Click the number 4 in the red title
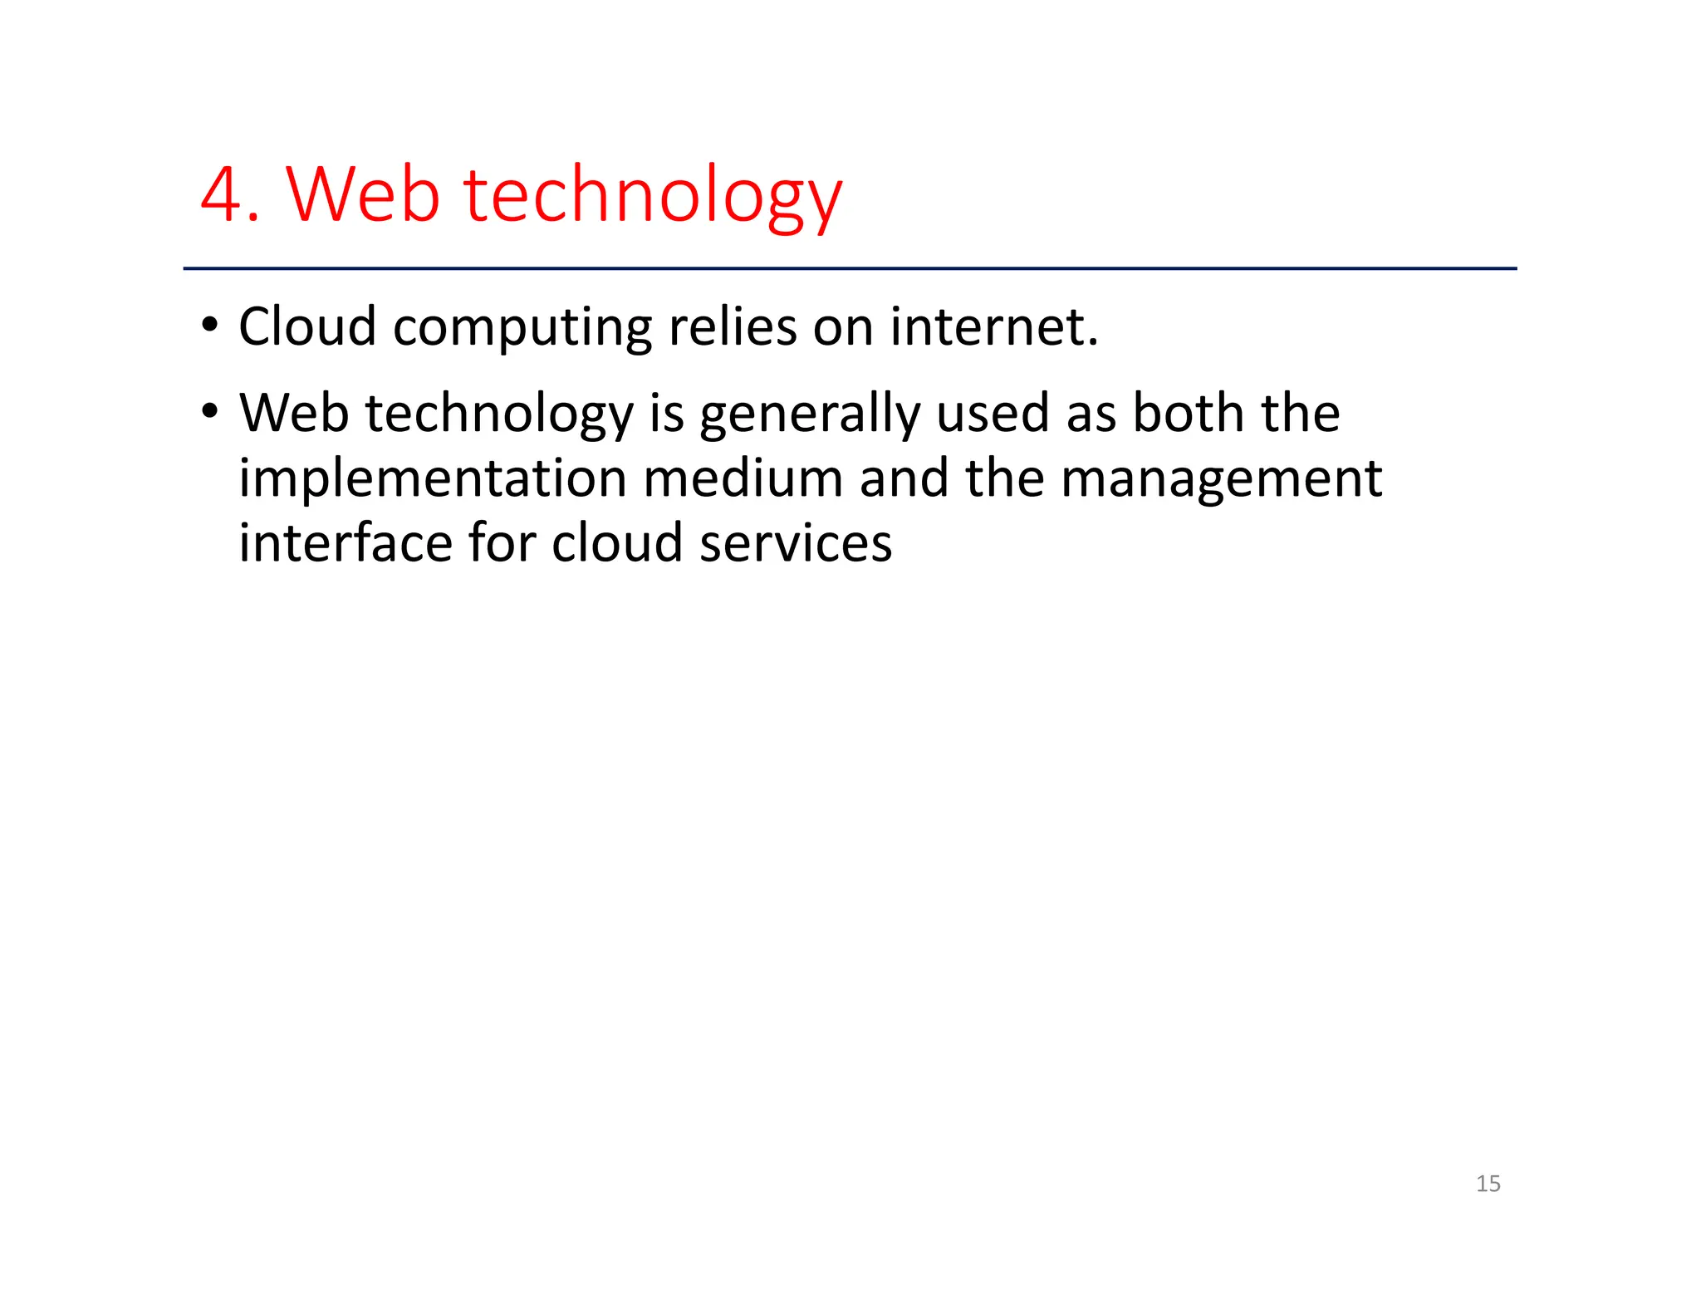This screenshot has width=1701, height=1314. (221, 195)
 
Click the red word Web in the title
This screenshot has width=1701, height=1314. (363, 195)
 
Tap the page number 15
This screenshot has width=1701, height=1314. (1488, 1184)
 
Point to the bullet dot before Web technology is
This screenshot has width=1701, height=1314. (210, 410)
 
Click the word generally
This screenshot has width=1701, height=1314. (810, 415)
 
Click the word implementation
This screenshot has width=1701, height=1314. (433, 480)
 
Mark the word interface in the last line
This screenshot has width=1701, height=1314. (344, 543)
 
